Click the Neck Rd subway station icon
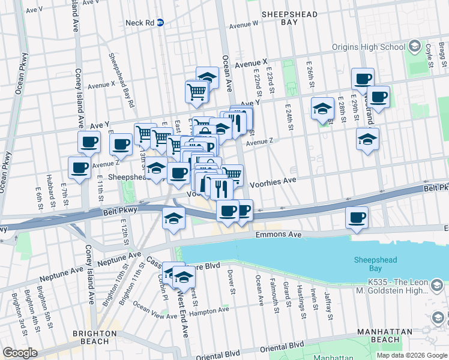click(x=160, y=23)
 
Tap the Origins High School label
click(x=369, y=47)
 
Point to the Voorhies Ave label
click(x=273, y=181)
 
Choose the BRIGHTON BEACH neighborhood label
click(x=94, y=337)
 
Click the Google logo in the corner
click(x=20, y=352)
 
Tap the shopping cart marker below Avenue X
click(x=196, y=92)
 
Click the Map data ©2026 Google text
click(x=412, y=355)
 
